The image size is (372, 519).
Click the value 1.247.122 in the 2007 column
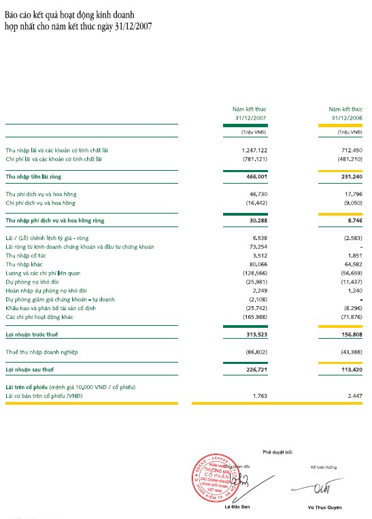253,149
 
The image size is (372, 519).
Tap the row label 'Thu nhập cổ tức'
24,255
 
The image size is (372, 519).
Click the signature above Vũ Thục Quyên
318,489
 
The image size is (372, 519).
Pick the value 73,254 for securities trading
255,246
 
